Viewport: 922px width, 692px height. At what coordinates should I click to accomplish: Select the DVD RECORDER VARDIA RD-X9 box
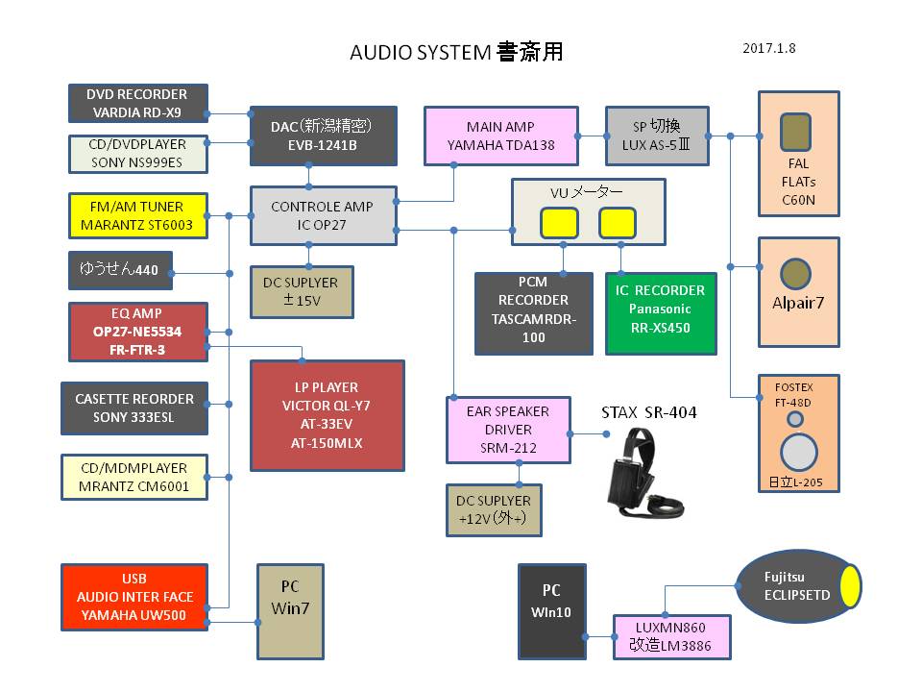138,104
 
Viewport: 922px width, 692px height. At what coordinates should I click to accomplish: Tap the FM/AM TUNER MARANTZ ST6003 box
138,216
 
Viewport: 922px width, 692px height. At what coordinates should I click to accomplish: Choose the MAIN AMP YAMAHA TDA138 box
501,136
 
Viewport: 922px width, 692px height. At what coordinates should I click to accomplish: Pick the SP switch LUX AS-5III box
657,136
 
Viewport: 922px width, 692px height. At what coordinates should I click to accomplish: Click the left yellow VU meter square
559,224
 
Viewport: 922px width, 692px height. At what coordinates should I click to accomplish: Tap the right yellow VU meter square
617,224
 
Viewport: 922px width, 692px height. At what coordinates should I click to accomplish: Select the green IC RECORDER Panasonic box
661,313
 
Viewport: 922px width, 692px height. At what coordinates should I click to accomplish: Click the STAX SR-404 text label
648,413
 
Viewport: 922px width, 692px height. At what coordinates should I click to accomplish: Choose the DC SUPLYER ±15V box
301,292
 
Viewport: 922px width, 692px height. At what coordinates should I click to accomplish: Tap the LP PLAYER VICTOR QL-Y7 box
327,415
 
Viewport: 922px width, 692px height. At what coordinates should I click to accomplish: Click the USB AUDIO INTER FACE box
134,598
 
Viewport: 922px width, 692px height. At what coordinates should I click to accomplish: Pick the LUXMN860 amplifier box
672,636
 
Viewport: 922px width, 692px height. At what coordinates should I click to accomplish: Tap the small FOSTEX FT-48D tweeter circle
796,420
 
